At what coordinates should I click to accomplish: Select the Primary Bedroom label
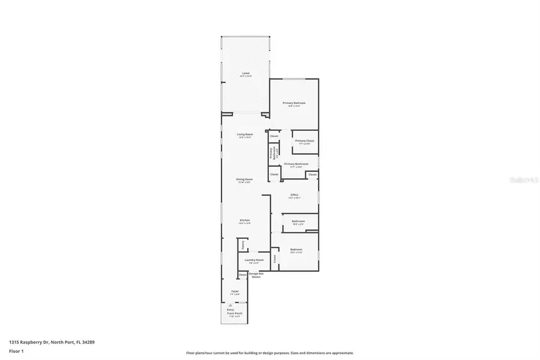(294, 103)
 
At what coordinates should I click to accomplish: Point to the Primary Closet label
(304, 140)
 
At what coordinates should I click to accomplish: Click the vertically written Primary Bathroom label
(271, 153)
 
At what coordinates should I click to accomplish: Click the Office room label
(294, 195)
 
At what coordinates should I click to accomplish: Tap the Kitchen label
(245, 220)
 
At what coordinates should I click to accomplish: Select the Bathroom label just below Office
(298, 221)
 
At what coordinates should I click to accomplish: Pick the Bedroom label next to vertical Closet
(296, 250)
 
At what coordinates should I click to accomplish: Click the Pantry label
(243, 245)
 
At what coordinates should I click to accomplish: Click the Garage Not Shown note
(256, 275)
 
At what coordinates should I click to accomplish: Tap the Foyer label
(235, 292)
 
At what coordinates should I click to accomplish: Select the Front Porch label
(234, 313)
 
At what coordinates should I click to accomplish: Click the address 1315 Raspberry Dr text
(52, 342)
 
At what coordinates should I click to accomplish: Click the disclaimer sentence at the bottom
(269, 353)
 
